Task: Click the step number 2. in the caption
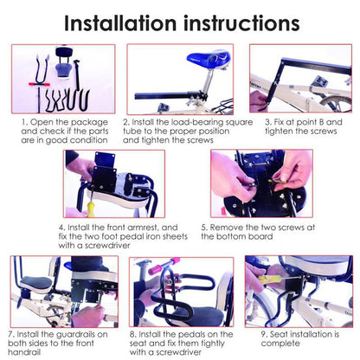(x=127, y=122)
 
